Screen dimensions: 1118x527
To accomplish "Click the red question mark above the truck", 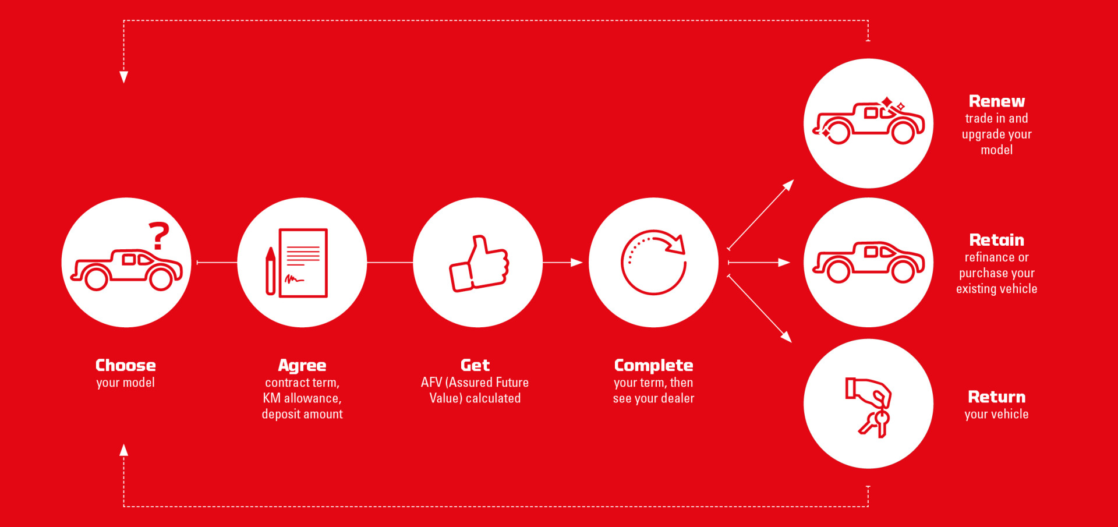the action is click(x=158, y=236).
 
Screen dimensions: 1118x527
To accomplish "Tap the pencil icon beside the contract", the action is click(x=270, y=271).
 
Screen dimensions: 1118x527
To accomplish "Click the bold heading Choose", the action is click(x=126, y=365).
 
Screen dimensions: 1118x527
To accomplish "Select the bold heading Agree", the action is click(x=302, y=366).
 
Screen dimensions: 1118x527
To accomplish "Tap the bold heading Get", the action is click(x=475, y=365).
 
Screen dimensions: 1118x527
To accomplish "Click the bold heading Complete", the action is click(x=653, y=366).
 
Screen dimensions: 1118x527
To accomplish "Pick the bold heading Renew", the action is click(x=997, y=101).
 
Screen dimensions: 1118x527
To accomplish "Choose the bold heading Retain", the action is click(x=997, y=240).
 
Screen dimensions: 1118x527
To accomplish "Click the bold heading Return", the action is click(x=997, y=397).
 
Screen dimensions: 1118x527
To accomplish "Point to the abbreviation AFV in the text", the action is click(x=431, y=383).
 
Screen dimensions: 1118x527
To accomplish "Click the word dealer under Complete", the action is click(x=678, y=398).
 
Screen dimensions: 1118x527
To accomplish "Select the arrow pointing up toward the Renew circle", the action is click(x=760, y=215).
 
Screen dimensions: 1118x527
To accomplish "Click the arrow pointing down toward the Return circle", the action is click(x=759, y=308).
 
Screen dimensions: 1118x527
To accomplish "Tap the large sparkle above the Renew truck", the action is click(x=887, y=104).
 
